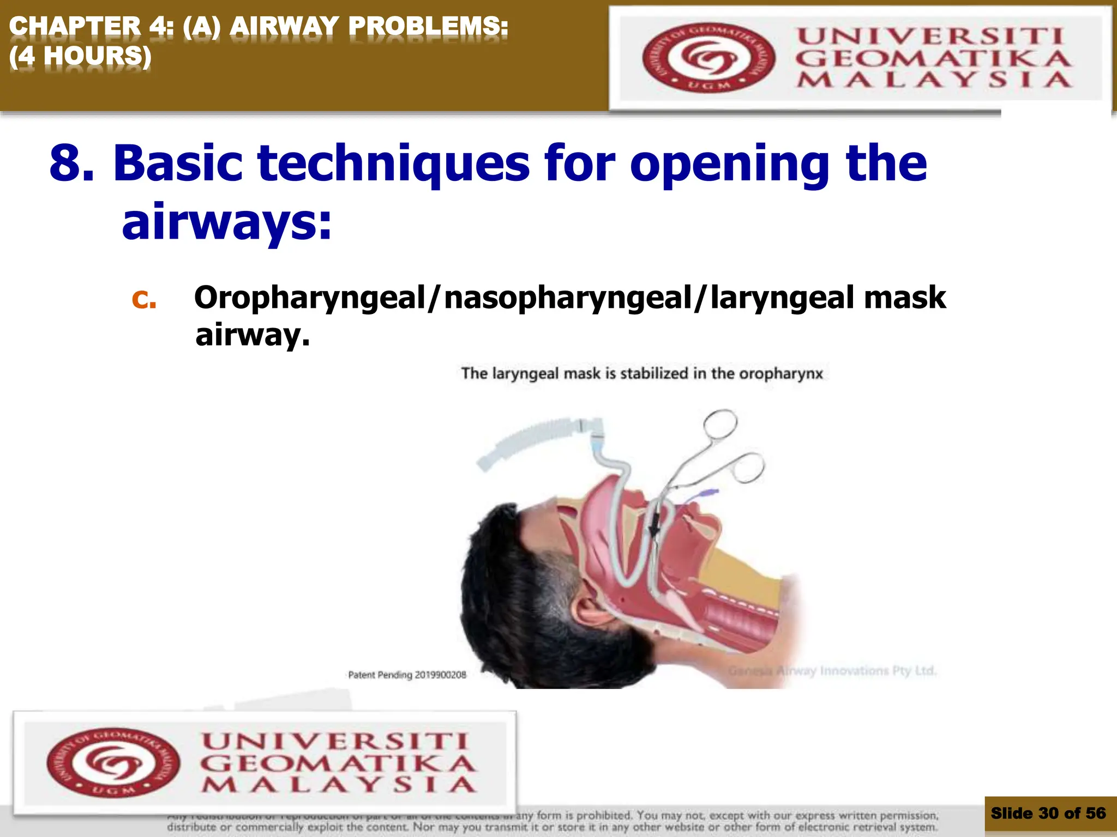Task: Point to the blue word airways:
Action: click(x=226, y=222)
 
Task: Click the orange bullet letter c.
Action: click(x=144, y=299)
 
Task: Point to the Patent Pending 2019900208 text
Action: click(x=407, y=675)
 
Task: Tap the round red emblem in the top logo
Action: click(x=708, y=57)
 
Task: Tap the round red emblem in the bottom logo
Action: click(x=113, y=762)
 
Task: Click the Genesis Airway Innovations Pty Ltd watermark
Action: click(x=832, y=670)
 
